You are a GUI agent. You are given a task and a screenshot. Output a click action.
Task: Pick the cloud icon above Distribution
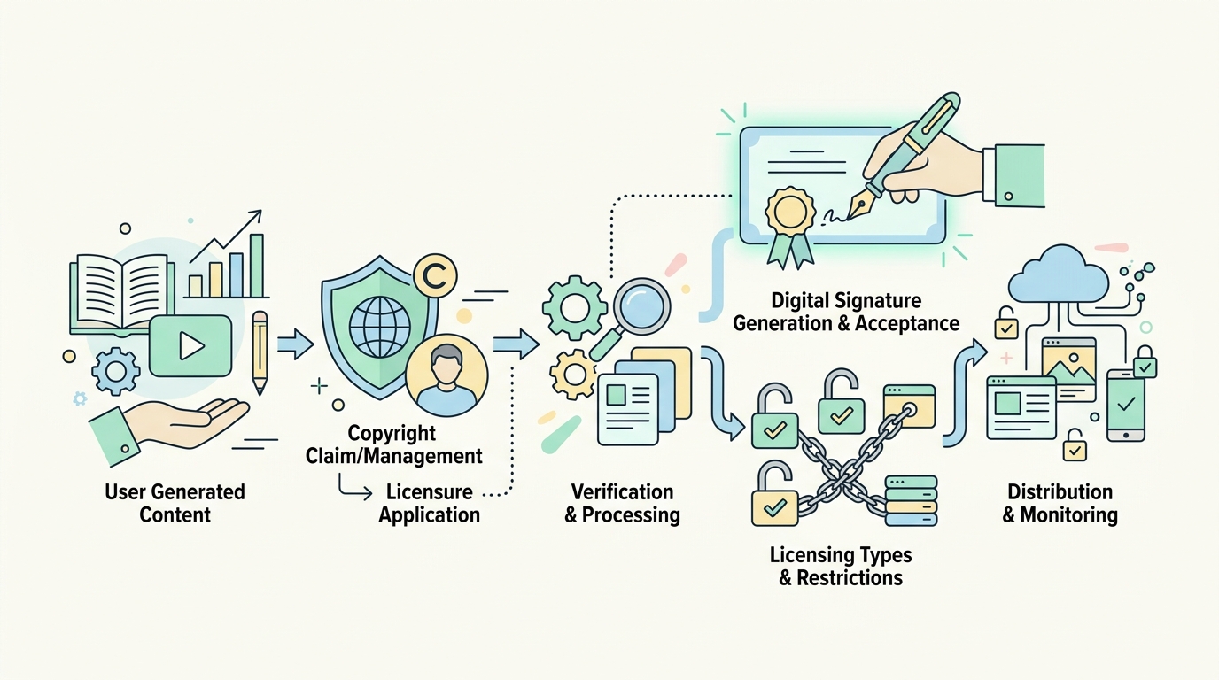click(x=1058, y=274)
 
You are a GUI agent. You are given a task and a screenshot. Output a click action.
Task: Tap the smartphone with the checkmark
click(x=1126, y=405)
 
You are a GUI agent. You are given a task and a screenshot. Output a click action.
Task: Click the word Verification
click(x=622, y=492)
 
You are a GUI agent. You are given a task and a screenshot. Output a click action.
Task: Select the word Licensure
click(x=430, y=492)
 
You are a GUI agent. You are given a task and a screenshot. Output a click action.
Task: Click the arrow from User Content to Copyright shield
click(x=294, y=344)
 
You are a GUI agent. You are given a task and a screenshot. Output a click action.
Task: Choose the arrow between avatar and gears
click(x=516, y=344)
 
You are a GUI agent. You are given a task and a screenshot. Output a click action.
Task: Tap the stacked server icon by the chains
click(x=910, y=501)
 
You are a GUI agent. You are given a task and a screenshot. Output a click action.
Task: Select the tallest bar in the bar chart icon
click(x=256, y=266)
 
